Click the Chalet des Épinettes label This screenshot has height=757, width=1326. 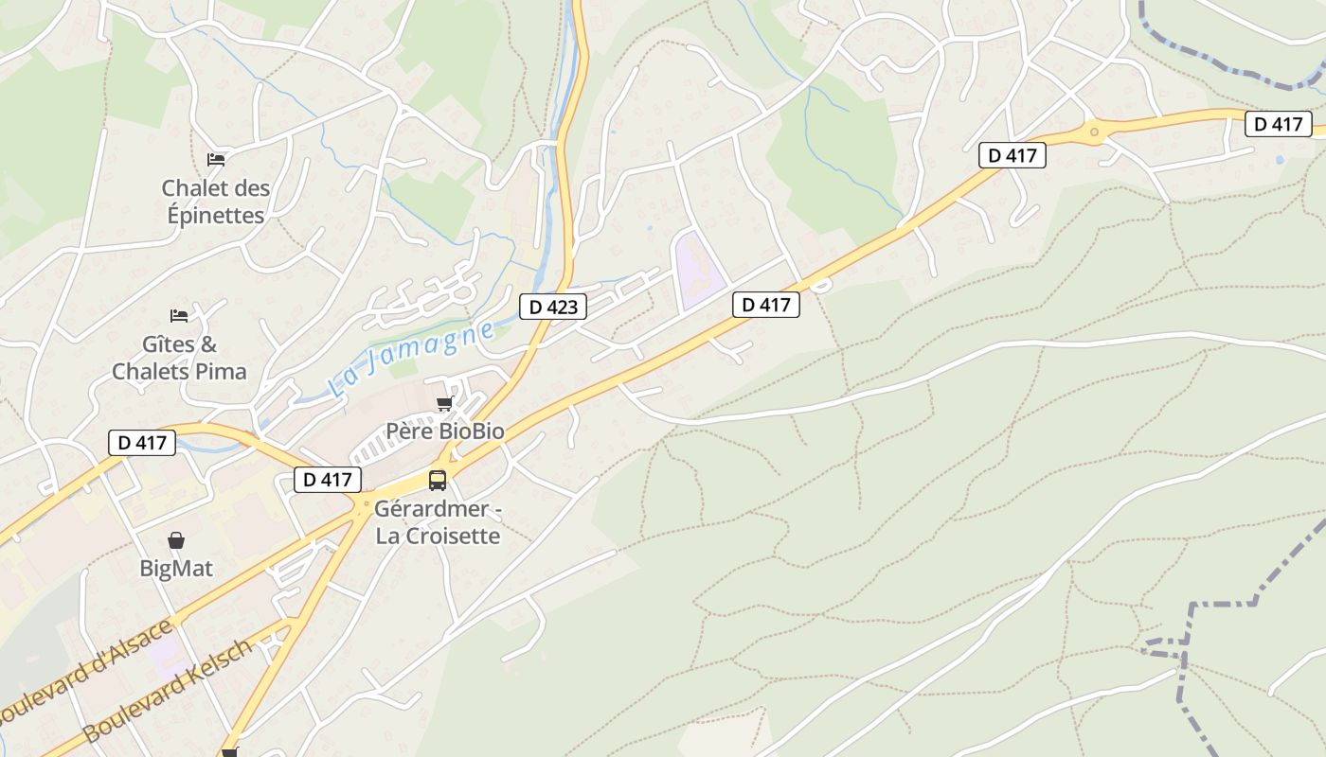point(215,202)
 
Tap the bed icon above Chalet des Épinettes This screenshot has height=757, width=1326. point(216,159)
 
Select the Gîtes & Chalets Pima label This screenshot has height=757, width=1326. point(179,358)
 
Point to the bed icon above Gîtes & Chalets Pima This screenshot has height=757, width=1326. point(178,315)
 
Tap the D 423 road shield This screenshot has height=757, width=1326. point(553,307)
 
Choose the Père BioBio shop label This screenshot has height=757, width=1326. point(444,431)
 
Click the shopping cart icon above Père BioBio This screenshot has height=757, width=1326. point(444,404)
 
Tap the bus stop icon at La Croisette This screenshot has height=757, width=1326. point(437,480)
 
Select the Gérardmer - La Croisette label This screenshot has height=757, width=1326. point(437,522)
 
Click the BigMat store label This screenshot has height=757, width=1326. point(176,569)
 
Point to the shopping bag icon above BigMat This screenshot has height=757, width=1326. point(176,540)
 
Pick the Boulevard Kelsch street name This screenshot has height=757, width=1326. point(169,690)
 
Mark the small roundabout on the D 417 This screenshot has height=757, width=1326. point(1094,132)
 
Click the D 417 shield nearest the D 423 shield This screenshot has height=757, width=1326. point(766,305)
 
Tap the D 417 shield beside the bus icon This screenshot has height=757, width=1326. point(328,480)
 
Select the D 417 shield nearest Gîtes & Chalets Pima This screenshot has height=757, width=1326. point(142,442)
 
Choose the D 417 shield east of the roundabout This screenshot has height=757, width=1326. point(1278,124)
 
